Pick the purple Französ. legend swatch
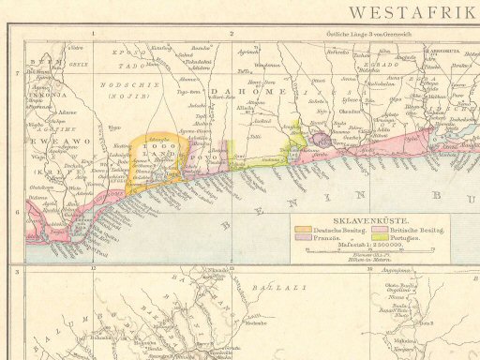pos(304,239)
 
